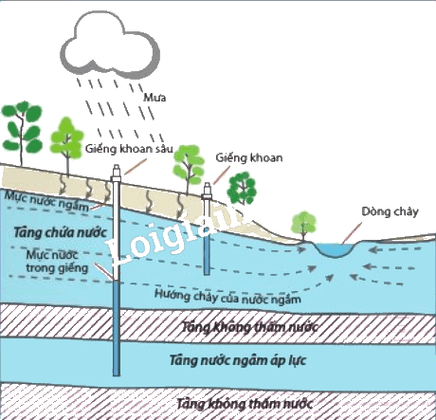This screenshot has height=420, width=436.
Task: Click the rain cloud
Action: (x=110, y=46)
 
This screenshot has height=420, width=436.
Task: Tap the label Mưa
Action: (x=154, y=98)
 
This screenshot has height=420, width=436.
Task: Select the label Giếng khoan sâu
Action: (x=129, y=149)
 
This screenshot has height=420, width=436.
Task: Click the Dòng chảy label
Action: (x=390, y=211)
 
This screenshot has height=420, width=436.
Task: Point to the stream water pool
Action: (x=336, y=249)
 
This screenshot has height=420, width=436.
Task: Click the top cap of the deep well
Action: (x=117, y=173)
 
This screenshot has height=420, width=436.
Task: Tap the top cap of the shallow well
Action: (x=207, y=191)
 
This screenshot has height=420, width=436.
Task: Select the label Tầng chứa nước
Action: (x=61, y=233)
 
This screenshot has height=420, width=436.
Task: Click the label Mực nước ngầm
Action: (x=47, y=201)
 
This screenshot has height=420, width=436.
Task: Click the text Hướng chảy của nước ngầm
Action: (x=227, y=297)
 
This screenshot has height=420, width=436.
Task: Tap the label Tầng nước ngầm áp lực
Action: (x=238, y=360)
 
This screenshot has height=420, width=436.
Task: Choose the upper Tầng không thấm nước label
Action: (x=249, y=327)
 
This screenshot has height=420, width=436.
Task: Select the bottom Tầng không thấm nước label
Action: (x=245, y=404)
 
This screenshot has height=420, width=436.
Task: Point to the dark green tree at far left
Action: (x=22, y=130)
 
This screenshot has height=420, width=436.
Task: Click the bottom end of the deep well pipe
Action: (x=117, y=375)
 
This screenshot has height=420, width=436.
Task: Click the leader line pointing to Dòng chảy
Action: (x=352, y=233)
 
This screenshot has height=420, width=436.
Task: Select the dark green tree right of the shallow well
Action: (x=242, y=189)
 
